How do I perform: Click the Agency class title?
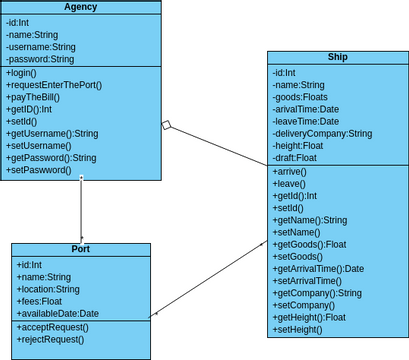click(x=80, y=8)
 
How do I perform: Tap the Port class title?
click(x=81, y=249)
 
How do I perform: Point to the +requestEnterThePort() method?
click(x=54, y=86)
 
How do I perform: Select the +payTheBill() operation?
click(x=33, y=98)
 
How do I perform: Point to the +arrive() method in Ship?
click(x=290, y=173)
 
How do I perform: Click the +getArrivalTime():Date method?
click(x=318, y=269)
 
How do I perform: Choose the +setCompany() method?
click(x=304, y=305)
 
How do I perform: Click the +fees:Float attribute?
click(x=40, y=301)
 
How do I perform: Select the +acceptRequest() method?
click(x=51, y=327)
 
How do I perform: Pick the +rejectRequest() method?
click(x=50, y=339)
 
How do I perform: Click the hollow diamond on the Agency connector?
click(x=168, y=126)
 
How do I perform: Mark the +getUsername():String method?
click(x=53, y=134)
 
